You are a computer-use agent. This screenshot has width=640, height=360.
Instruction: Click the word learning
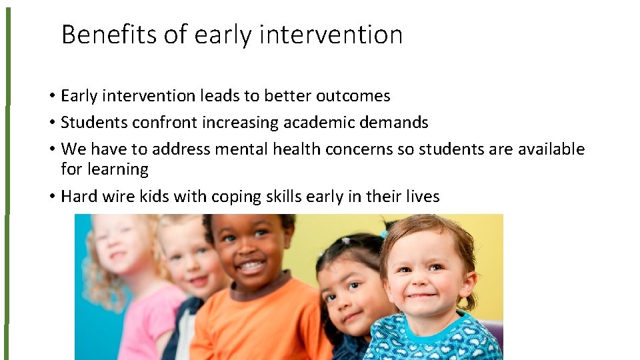coord(105,169)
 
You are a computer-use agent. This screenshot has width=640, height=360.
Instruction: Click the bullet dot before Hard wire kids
coord(51,197)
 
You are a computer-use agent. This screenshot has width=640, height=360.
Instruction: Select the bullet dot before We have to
coord(51,150)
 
